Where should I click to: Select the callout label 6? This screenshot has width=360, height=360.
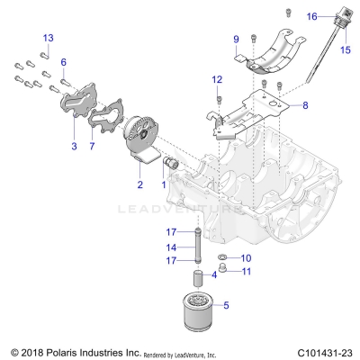64,60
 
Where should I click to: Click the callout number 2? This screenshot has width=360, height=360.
139,184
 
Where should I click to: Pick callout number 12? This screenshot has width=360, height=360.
216,80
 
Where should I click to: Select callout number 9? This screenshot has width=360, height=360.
236,40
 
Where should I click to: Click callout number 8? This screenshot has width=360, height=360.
304,105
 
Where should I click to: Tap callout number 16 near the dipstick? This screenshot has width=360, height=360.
310,16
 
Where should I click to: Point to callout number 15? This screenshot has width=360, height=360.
343,50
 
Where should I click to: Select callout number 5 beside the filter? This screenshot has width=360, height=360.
226,305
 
